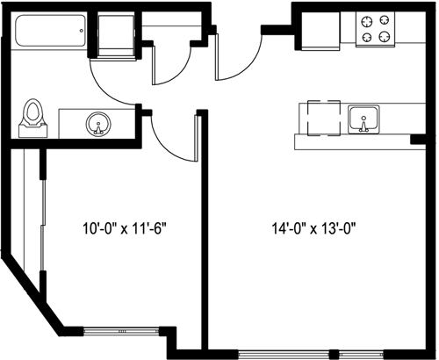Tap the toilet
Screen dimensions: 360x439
(33, 118)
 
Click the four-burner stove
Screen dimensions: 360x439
(375, 30)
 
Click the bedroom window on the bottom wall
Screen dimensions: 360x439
(120, 332)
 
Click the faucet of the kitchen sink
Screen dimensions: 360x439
(363, 130)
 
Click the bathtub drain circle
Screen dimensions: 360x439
(82, 33)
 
